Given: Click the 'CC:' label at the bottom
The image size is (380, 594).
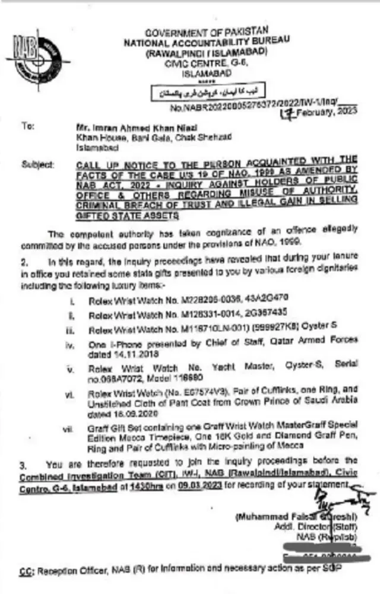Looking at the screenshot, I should point(26,571).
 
